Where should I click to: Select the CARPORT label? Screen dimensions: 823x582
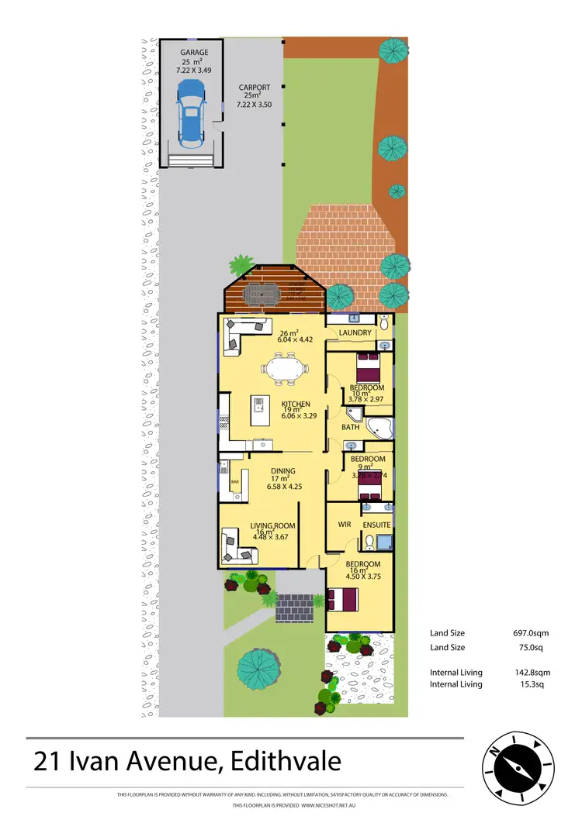click(x=254, y=88)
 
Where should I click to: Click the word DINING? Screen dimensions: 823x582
click(x=282, y=470)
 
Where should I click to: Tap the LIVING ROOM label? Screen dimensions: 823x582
click(x=274, y=526)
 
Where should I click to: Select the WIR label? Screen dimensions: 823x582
click(x=345, y=525)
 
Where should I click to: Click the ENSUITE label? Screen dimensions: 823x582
click(x=376, y=525)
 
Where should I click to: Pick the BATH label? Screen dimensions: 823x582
click(x=351, y=427)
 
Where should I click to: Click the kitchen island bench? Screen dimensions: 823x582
click(x=257, y=408)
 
